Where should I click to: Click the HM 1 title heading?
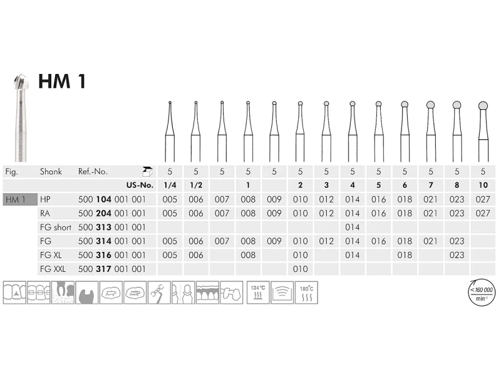(62, 81)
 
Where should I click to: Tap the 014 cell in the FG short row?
(352, 227)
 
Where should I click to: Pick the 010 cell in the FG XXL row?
(300, 269)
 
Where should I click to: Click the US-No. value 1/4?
(169, 185)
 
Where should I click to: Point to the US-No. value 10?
(482, 185)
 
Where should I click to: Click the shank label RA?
(45, 213)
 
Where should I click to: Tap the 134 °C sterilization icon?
(258, 292)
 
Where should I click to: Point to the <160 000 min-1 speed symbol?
(481, 292)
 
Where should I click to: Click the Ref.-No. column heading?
(93, 171)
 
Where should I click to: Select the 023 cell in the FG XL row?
(457, 255)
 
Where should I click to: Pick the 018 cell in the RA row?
(405, 213)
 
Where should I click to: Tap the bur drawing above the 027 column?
(482, 128)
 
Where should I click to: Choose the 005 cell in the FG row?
(169, 241)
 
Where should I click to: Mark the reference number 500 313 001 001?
(111, 227)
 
